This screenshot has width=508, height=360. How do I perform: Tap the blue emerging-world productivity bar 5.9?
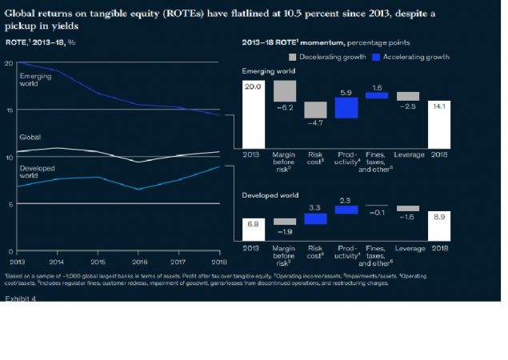click(x=346, y=107)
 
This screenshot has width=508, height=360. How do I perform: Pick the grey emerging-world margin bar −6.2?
click(x=285, y=90)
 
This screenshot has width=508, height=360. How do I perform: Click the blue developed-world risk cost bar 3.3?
click(x=316, y=218)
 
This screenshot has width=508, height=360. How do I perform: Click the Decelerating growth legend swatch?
click(x=292, y=57)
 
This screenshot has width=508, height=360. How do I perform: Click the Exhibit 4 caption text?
click(x=22, y=298)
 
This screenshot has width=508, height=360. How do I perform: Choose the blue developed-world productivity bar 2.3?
click(x=346, y=210)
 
